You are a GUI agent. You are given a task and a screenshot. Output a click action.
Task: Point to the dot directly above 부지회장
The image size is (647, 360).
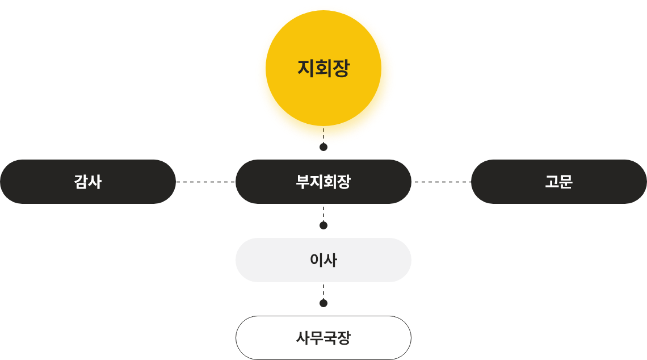pyautogui.click(x=323, y=147)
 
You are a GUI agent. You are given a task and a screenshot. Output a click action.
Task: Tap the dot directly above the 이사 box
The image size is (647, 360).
pyautogui.click(x=323, y=225)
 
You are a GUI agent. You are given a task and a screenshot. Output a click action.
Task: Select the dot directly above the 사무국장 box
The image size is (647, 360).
pyautogui.click(x=323, y=303)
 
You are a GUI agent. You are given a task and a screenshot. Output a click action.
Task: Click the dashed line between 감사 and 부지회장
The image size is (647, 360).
pyautogui.click(x=205, y=182)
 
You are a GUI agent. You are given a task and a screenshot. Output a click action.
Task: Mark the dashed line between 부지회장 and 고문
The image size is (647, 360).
pyautogui.click(x=442, y=182)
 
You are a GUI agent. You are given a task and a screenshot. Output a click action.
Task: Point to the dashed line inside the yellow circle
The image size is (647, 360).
pyautogui.click(x=323, y=135)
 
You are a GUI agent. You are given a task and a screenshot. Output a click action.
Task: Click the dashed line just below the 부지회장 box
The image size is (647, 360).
pyautogui.click(x=323, y=212)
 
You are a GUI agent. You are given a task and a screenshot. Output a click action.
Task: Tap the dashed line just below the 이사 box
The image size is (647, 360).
pyautogui.click(x=323, y=290)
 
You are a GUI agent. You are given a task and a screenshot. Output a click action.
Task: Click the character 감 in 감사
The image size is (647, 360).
pyautogui.click(x=81, y=182)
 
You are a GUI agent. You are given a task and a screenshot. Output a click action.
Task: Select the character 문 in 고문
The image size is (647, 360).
pyautogui.click(x=566, y=182)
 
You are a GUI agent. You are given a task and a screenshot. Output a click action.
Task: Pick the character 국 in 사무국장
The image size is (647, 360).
pyautogui.click(x=330, y=338)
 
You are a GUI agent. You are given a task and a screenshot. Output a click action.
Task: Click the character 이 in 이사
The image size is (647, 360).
pyautogui.click(x=316, y=260)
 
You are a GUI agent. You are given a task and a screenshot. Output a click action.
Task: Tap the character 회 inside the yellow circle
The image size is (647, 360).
pyautogui.click(x=323, y=69)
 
